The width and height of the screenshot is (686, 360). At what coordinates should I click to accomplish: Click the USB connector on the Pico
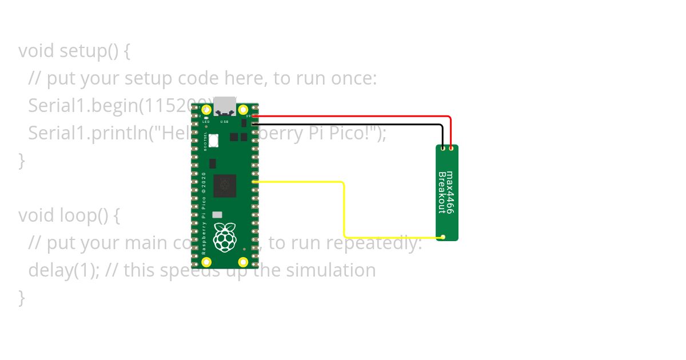point(225,105)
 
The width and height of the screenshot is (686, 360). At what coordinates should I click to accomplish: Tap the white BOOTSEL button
point(214,140)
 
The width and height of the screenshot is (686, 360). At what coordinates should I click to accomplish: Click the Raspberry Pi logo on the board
point(225,237)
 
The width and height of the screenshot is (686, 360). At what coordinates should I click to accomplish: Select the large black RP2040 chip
point(225,186)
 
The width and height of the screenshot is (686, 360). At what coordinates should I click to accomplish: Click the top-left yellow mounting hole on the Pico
point(207,110)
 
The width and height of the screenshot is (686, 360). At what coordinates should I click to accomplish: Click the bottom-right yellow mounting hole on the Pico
point(244,262)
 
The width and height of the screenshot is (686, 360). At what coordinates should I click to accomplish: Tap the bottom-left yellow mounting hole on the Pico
point(207,262)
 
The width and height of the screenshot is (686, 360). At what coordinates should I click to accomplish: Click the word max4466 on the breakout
point(449,192)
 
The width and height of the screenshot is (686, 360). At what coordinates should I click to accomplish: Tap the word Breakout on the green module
point(441,192)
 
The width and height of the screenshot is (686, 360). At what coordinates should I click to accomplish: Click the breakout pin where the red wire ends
point(451,149)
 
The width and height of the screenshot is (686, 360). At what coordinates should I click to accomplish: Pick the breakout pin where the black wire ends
point(443,149)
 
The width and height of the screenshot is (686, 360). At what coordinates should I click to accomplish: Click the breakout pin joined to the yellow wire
point(444,237)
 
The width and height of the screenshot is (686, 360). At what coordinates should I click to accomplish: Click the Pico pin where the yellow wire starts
point(254,182)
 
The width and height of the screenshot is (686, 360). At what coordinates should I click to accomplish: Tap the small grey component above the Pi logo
point(217,215)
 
